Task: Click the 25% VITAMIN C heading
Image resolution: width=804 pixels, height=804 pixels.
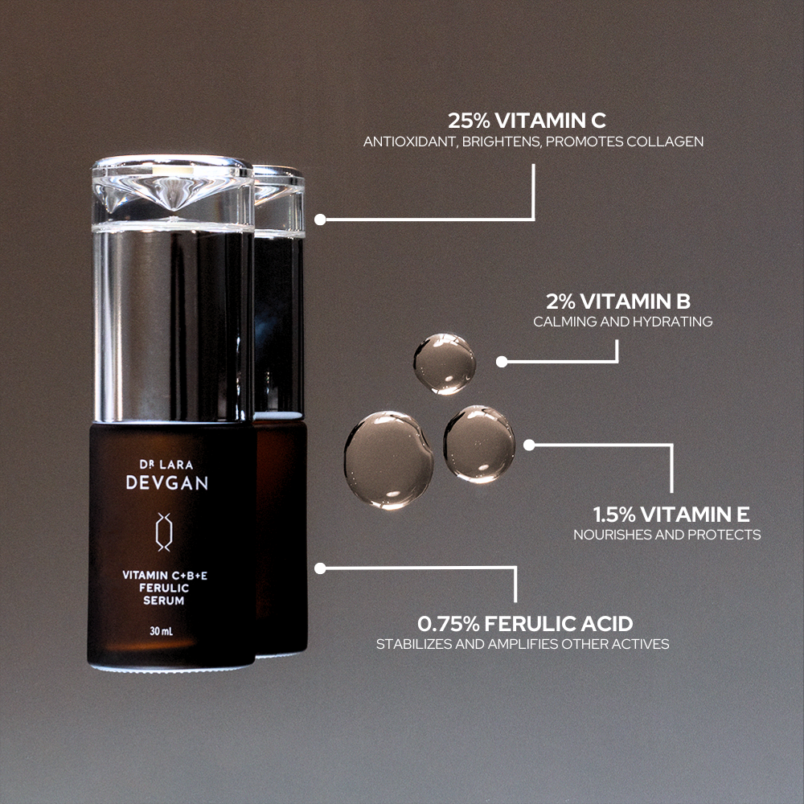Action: [x=527, y=121]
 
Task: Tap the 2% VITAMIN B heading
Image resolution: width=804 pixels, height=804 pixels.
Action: [x=617, y=301]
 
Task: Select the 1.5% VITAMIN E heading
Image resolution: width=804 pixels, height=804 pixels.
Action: [x=671, y=514]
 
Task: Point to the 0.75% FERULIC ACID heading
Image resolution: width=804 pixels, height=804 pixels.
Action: [x=525, y=624]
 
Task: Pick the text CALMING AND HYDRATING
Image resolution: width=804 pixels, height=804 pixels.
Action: [x=622, y=322]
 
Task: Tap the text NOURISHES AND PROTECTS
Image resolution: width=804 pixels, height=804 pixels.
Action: [x=667, y=535]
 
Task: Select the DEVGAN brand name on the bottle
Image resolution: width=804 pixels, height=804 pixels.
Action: [x=167, y=482]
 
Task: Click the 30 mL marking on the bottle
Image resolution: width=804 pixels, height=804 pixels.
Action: [x=162, y=631]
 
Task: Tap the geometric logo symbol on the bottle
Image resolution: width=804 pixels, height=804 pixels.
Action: [x=164, y=531]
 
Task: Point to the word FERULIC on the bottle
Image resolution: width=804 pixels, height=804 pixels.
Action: [x=164, y=589]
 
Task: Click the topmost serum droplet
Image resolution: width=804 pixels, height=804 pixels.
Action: [x=445, y=363]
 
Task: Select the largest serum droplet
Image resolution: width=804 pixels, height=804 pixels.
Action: [x=388, y=460]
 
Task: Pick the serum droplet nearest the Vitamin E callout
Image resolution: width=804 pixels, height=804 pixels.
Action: [x=479, y=444]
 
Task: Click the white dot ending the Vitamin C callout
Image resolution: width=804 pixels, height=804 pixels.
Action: [x=320, y=219]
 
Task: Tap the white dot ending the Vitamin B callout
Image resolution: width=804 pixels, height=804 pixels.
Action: [x=502, y=362]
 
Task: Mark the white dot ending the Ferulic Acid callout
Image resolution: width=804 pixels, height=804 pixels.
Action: [x=320, y=568]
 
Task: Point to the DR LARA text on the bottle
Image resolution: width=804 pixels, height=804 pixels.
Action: [x=166, y=465]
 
